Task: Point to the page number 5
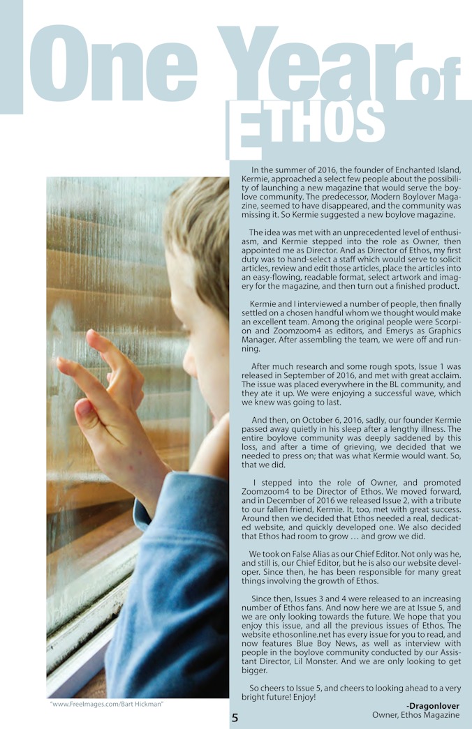pyautogui.click(x=235, y=717)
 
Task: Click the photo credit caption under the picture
pyautogui.click(x=106, y=704)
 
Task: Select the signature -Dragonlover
pyautogui.click(x=432, y=706)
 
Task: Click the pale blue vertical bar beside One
pyautogui.click(x=10, y=56)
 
